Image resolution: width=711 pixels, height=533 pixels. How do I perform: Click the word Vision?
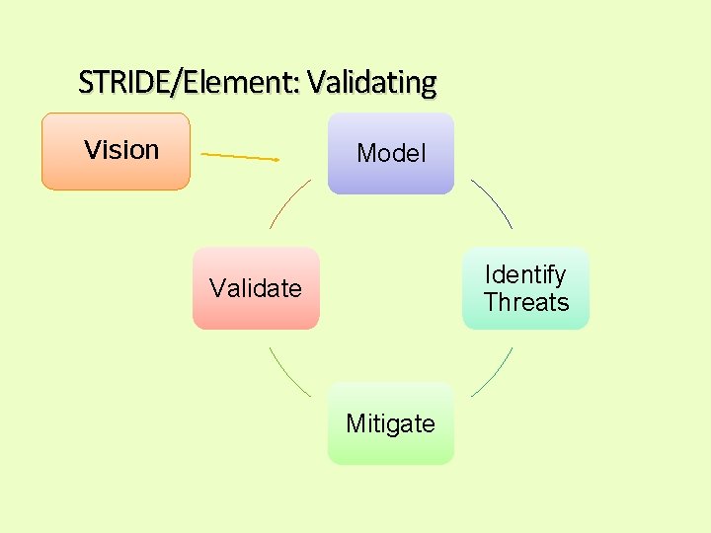(121, 150)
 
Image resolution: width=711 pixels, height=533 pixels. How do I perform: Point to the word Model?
(391, 153)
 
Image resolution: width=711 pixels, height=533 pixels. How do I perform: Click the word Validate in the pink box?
(256, 288)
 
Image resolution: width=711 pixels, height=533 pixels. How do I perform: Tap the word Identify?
(525, 274)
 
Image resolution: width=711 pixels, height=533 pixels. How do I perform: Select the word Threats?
(526, 302)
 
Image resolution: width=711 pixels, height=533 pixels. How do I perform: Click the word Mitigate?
(391, 423)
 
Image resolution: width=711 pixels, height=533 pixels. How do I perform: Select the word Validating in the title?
(371, 82)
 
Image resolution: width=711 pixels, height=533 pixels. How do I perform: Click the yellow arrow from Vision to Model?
(240, 156)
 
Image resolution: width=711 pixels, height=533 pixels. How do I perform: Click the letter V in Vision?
(92, 150)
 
